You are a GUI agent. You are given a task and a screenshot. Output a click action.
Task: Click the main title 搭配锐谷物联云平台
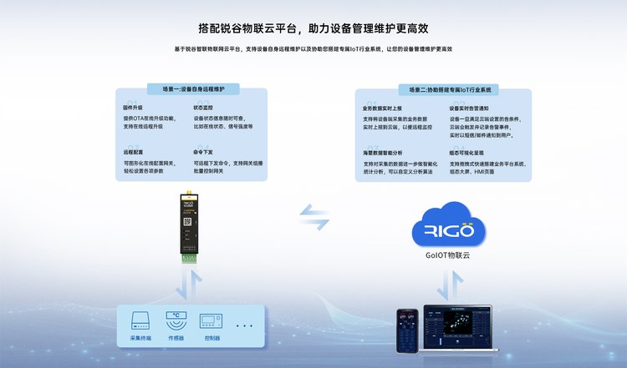coord(313,28)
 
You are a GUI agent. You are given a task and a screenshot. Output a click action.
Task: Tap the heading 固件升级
coord(133,108)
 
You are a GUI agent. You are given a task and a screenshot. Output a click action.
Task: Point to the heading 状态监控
coord(203,108)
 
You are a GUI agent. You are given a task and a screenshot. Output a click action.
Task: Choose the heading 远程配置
coord(133,154)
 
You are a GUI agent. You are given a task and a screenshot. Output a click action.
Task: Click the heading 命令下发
coord(203,154)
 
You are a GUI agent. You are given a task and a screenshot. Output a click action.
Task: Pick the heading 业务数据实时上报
coord(381,108)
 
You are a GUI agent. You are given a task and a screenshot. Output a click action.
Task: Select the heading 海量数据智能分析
coord(382,154)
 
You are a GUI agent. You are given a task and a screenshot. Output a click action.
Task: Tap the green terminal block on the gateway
coord(189,256)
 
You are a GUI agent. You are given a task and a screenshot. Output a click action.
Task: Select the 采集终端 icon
coord(140,321)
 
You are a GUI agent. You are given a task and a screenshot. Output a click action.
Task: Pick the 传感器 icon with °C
coord(176,321)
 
